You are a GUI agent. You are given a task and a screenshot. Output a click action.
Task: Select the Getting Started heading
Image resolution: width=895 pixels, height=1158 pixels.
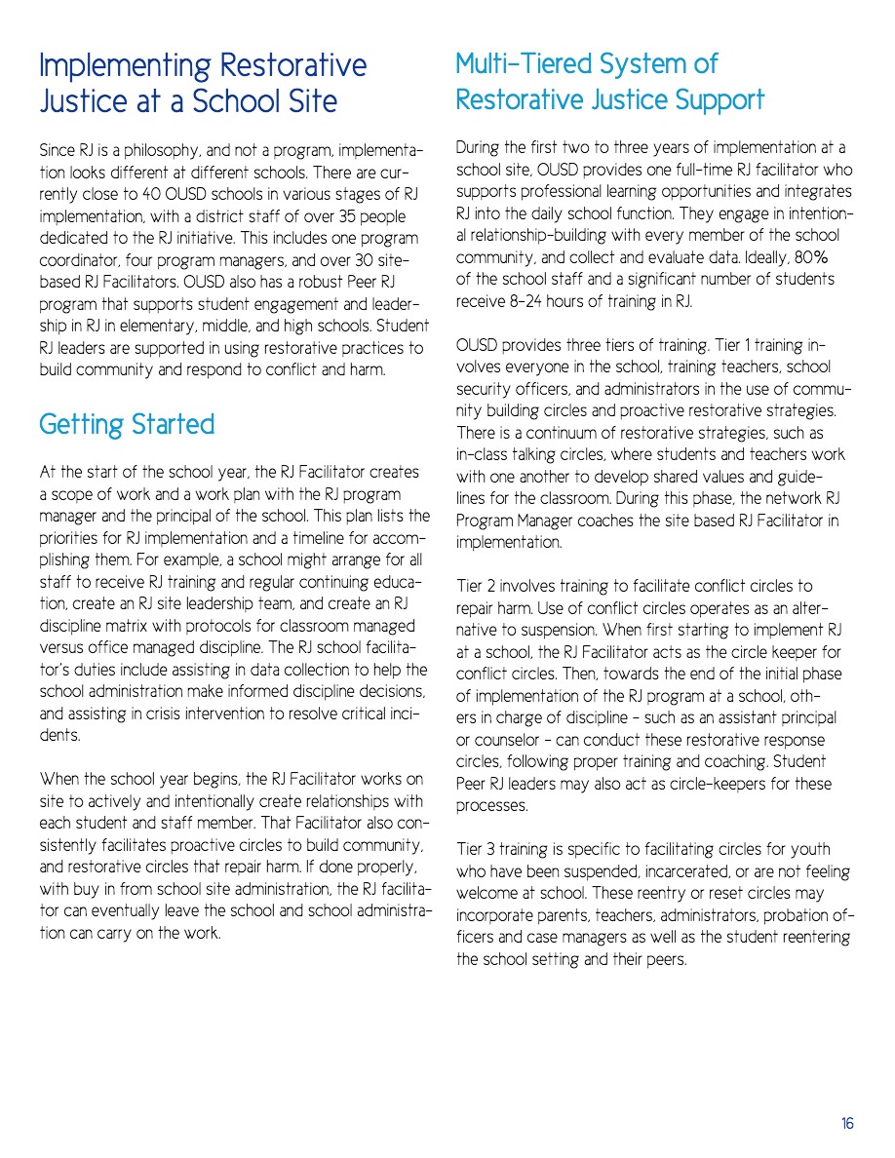pyautogui.click(x=127, y=425)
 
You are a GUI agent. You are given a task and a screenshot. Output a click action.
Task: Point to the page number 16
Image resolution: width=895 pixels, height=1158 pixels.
pyautogui.click(x=847, y=1124)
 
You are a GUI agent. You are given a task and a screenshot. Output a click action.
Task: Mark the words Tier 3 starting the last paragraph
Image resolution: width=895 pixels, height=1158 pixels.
pyautogui.click(x=477, y=849)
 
